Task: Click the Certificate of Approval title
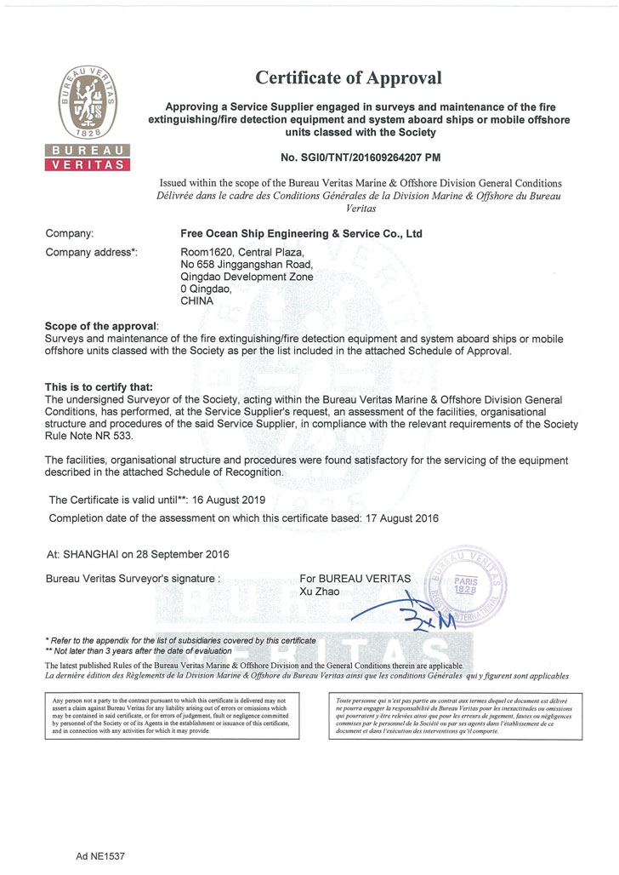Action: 349,78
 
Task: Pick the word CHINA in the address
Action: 196,300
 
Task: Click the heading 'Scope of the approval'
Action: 107,328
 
